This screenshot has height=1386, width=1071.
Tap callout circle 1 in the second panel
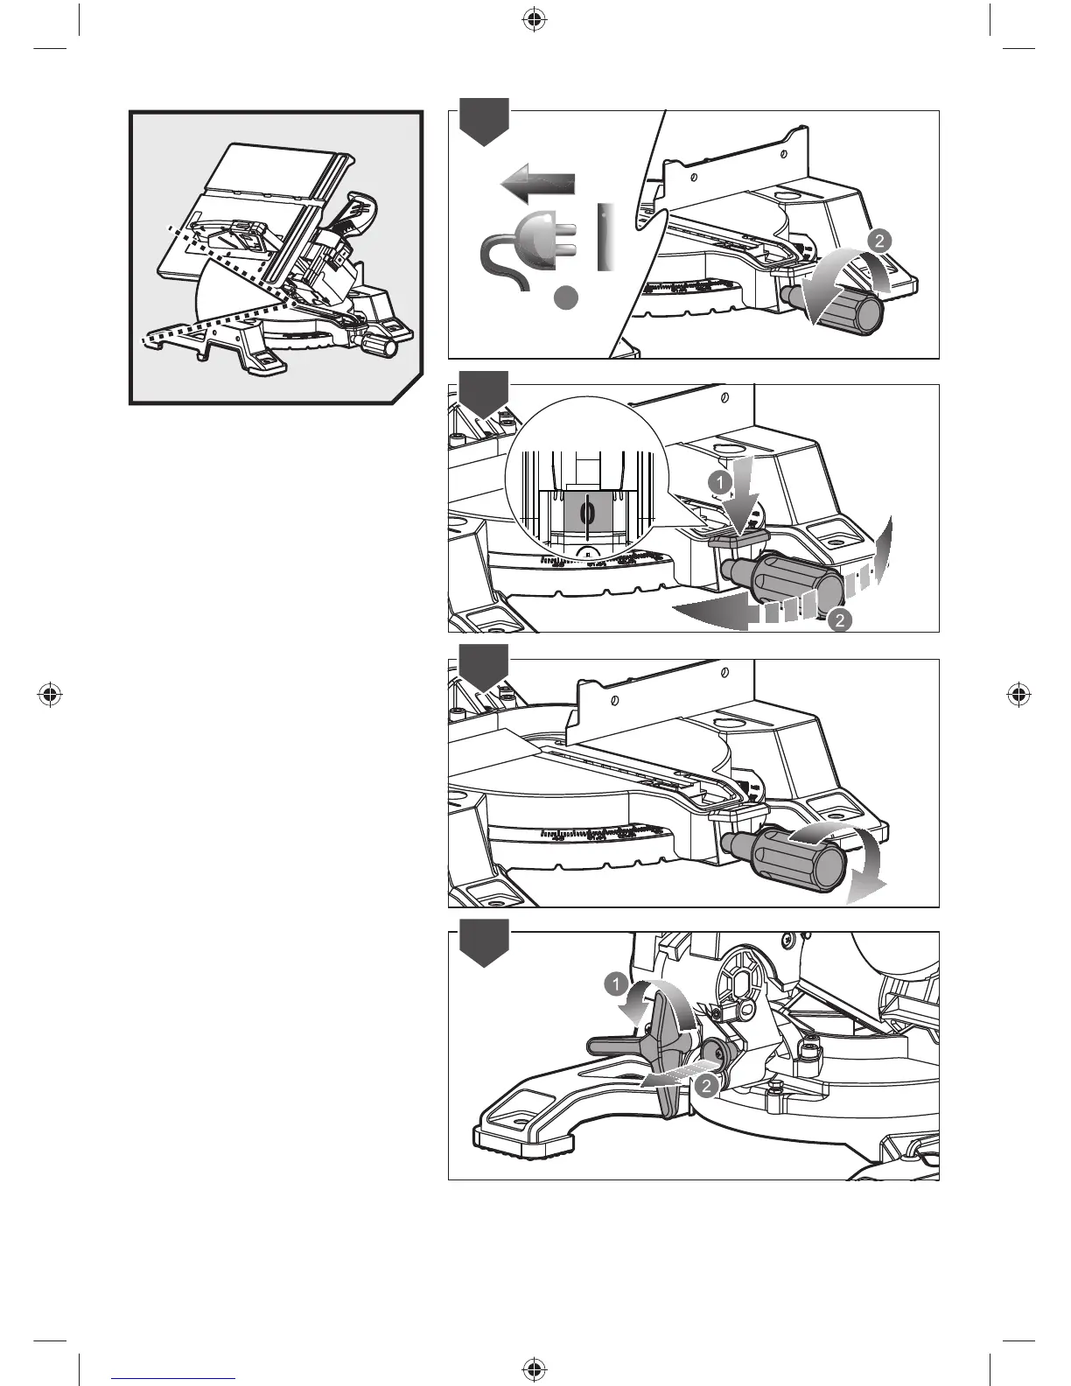[717, 481]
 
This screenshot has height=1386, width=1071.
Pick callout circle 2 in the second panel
[838, 620]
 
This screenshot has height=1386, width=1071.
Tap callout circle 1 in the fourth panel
[616, 986]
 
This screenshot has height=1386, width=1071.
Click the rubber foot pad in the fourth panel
[523, 1140]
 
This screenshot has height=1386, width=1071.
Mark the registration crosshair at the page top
[532, 20]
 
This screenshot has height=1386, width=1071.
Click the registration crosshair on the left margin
[51, 695]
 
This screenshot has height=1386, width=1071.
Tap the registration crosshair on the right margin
[1017, 695]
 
